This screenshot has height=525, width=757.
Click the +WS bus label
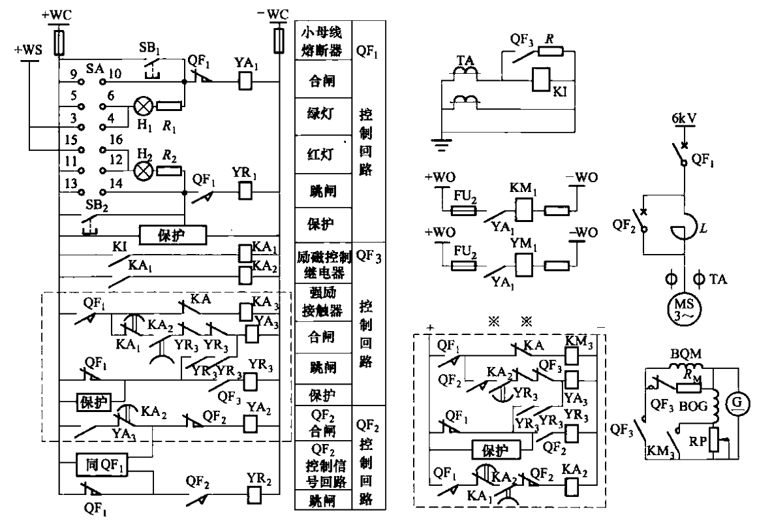29,48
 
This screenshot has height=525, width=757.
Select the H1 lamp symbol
142,105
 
